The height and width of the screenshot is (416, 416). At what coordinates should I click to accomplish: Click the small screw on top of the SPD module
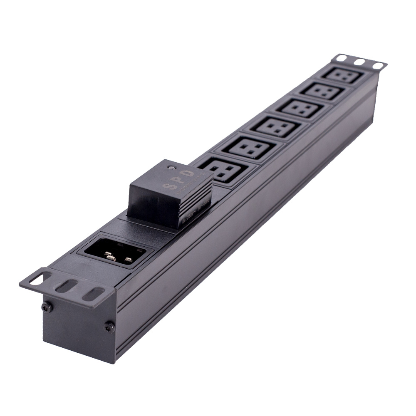(x=170, y=168)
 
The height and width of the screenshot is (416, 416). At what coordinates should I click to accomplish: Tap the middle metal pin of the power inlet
(x=111, y=258)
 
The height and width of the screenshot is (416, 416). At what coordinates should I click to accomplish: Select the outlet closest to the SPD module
(x=223, y=171)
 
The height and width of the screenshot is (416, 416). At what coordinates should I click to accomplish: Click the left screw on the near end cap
(x=46, y=307)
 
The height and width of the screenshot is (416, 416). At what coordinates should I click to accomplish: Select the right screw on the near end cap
(x=109, y=327)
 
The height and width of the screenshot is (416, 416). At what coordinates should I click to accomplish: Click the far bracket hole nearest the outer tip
(x=378, y=66)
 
